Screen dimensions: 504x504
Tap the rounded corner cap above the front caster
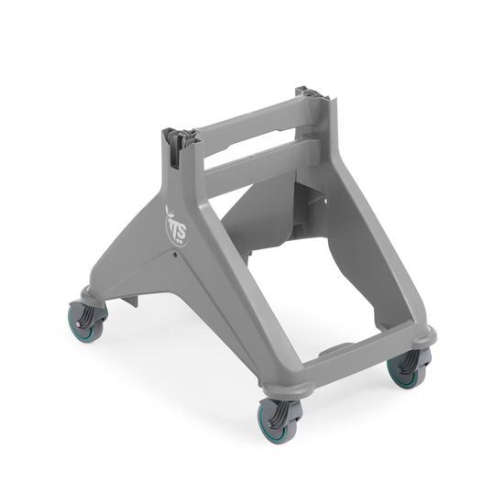[x=280, y=389]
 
